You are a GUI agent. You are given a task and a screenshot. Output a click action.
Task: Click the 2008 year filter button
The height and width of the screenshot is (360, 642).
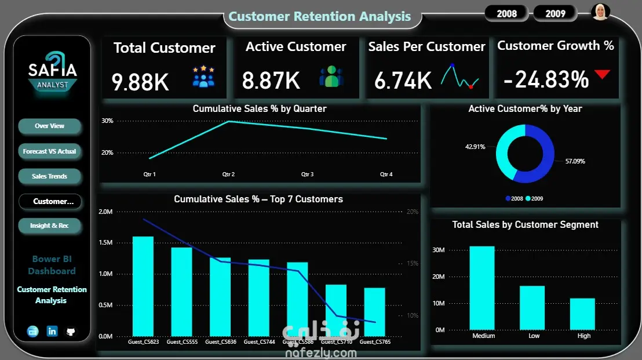point(506,13)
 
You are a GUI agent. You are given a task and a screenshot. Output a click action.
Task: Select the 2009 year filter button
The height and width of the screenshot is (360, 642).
point(555,13)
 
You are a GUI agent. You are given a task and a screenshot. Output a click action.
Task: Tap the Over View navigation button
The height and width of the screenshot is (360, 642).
point(50,126)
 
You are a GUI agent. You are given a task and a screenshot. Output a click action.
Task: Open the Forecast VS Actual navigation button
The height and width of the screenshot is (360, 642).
point(50,151)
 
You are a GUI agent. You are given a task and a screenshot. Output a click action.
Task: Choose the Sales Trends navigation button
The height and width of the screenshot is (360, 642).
point(50,176)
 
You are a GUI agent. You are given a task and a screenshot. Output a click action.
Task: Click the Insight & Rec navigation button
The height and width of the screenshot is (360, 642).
point(50,226)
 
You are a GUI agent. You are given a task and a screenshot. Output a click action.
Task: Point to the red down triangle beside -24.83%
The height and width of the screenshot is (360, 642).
point(603,74)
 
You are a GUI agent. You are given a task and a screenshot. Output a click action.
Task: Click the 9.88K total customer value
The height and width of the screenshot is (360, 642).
point(140,81)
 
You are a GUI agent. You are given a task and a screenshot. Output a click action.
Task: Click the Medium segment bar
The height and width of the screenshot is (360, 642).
point(483,288)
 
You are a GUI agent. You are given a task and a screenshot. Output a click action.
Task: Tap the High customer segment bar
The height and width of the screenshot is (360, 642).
point(582,314)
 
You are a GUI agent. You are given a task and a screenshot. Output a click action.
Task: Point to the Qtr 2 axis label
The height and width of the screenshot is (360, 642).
point(228,174)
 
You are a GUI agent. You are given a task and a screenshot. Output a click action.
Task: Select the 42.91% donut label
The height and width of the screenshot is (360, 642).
point(475,147)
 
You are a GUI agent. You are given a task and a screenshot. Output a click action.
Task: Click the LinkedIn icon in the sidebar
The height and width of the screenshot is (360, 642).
point(52,331)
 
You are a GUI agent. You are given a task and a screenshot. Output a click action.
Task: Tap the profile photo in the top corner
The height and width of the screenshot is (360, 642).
point(600,12)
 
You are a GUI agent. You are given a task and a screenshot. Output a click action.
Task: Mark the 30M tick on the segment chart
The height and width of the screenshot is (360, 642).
point(439,250)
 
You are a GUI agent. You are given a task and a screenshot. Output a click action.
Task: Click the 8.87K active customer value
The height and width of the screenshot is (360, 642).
point(271,81)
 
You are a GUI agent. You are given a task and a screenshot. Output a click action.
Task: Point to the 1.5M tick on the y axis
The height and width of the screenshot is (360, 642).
point(105,242)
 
